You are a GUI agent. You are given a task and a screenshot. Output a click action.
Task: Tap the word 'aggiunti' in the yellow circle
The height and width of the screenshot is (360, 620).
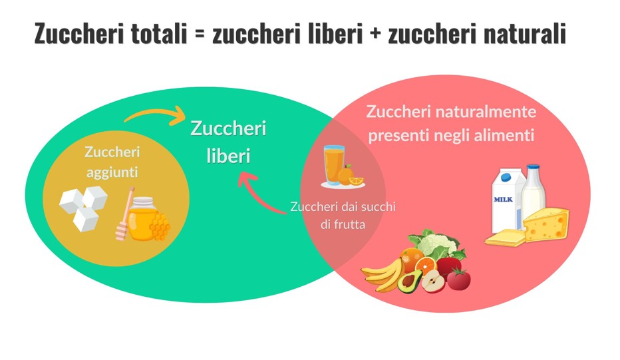coord(111,172)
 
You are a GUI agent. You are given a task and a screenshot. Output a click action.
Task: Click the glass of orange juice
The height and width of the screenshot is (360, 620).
coord(333,164)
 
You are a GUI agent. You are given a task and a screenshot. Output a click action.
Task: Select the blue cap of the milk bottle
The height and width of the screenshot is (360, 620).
coord(532,168)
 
